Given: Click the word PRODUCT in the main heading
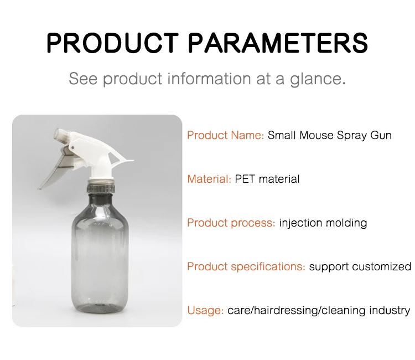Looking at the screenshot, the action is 112,43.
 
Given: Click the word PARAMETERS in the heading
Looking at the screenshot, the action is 278,43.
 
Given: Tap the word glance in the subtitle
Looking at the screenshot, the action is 318,79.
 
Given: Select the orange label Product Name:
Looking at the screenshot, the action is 226,135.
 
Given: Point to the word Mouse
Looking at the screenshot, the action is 317,135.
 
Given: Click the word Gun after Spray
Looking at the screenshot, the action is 381,135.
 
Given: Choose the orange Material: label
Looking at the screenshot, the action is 209,179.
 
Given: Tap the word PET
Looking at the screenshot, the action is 245,179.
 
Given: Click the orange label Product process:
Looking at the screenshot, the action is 231,223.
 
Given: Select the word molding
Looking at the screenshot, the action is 346,223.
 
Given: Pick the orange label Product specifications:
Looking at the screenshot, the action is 246,266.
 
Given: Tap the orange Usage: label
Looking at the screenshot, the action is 205,310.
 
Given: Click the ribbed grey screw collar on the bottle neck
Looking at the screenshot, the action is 101,186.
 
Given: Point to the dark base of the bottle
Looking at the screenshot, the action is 100,307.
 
